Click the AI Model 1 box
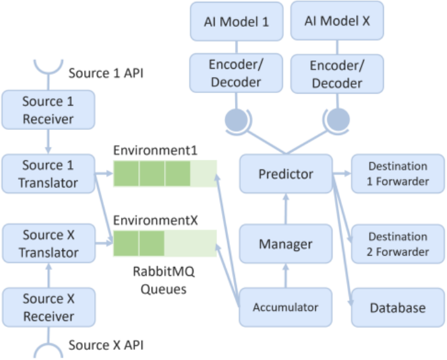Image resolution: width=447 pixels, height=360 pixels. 237,22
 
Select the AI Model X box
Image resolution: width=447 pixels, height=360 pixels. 337,20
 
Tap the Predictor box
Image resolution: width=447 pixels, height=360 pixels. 286,174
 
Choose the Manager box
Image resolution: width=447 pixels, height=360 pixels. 286,243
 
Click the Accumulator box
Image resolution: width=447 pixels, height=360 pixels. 285,307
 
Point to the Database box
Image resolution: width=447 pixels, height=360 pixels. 398,308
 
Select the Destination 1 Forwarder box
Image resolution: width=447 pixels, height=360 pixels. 398,174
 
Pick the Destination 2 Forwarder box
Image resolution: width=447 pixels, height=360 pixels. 398,244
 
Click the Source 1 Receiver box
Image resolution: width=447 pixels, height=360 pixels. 48,110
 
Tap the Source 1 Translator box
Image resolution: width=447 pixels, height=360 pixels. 48,174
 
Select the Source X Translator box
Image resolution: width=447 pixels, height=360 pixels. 49,243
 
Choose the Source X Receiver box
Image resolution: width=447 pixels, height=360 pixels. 49,307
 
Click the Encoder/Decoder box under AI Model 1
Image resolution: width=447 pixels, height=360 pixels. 236,73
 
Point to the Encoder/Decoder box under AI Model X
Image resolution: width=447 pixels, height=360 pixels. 337,74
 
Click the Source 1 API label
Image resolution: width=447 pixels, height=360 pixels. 106,73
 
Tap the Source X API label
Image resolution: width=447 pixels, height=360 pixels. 106,345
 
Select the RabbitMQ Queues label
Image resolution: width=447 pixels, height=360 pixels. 164,280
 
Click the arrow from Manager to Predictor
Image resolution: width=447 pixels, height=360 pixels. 286,209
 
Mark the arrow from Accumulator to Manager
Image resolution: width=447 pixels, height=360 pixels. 286,275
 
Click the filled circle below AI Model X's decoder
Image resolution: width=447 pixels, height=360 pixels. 338,120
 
